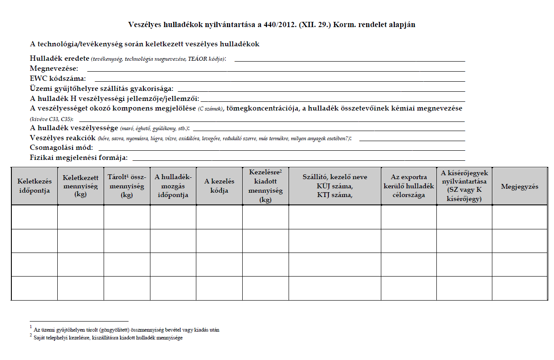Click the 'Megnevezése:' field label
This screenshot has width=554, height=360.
pos(54,68)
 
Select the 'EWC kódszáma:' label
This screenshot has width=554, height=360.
pos(58,78)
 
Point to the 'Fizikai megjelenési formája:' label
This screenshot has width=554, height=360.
pos(79,157)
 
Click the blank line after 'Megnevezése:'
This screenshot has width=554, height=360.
pos(275,70)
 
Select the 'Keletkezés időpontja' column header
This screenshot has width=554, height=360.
pos(34,186)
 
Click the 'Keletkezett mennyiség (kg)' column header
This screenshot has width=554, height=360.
pos(80,186)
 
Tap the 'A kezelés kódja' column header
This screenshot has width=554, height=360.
pos(219,186)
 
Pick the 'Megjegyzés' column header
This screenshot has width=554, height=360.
pos(519,186)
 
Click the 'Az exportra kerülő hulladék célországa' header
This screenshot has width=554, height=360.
pos(408,186)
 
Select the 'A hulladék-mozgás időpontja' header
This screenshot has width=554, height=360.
pos(173,186)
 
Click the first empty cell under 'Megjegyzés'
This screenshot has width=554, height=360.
pos(519,217)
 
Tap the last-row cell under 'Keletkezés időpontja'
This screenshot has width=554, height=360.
pos(34,288)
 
